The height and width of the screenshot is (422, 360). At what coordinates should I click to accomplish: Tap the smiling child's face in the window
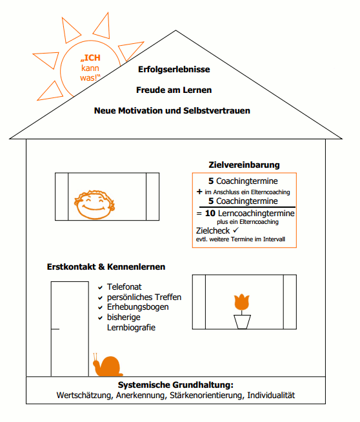(x=94, y=205)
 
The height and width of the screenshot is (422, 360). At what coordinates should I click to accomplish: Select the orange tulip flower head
(x=242, y=302)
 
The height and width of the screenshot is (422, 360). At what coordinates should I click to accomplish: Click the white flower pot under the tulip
(x=242, y=322)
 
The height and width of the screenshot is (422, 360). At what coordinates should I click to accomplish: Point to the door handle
(x=55, y=329)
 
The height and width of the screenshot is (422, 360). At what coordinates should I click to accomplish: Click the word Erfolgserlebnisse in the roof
(x=174, y=69)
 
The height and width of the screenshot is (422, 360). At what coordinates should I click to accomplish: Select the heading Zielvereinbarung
(x=244, y=165)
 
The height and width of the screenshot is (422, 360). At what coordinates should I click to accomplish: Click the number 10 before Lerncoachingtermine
(x=210, y=214)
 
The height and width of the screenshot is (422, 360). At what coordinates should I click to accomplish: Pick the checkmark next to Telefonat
(x=101, y=287)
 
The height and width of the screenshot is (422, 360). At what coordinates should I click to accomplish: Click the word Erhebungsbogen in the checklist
(x=138, y=307)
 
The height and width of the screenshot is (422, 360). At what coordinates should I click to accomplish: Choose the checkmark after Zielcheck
(x=235, y=230)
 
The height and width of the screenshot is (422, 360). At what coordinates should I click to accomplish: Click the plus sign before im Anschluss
(x=199, y=192)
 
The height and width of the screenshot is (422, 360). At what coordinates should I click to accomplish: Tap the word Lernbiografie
(x=131, y=328)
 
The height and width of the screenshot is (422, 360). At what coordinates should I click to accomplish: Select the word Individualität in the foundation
(x=271, y=395)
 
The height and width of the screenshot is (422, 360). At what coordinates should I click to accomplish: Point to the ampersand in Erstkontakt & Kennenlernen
(x=101, y=267)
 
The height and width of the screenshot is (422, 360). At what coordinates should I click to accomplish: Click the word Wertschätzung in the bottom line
(x=85, y=396)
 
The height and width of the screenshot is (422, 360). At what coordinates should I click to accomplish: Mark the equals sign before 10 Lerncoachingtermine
(x=199, y=214)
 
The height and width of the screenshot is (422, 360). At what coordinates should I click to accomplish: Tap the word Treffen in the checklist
(x=168, y=297)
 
